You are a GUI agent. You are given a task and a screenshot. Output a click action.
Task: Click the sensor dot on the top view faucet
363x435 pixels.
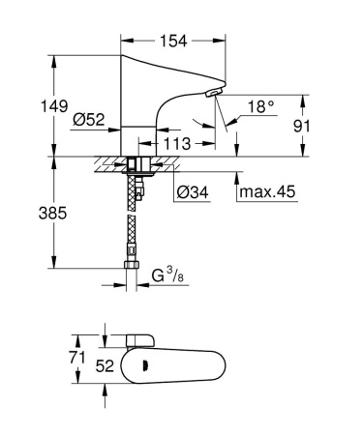(x=145, y=366)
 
